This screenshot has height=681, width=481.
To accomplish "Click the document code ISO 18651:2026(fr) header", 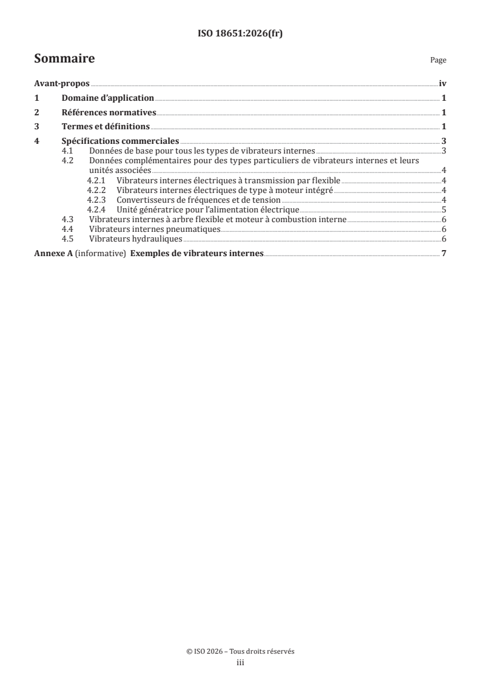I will tap(240, 34).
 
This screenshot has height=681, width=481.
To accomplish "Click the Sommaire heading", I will tap(64, 59).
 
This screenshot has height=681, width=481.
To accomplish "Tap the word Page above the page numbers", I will tap(438, 61).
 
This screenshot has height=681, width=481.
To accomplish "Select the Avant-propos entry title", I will tap(62, 85).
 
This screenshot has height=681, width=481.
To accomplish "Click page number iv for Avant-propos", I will tap(442, 85).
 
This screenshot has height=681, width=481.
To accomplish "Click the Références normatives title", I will tap(109, 112).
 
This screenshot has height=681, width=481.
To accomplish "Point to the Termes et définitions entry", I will tap(106, 126).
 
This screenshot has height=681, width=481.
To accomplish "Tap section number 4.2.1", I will tap(96, 181).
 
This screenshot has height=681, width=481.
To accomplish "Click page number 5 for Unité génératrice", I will tap(444, 209).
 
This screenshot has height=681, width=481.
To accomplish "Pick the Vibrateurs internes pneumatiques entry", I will tap(154, 229).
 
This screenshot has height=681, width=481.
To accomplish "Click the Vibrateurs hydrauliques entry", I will tap(136, 239).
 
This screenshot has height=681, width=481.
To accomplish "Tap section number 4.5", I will tap(69, 239).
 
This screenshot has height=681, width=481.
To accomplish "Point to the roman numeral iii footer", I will tap(240, 663).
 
